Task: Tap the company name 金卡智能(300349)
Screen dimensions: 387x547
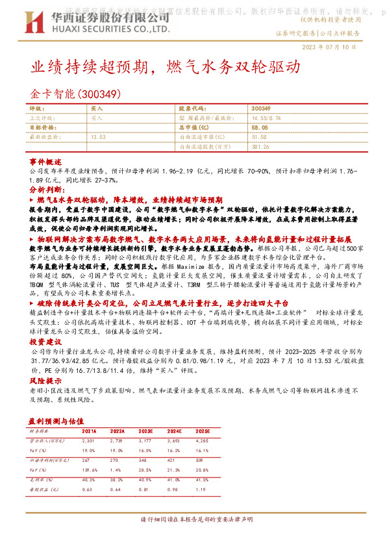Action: pos(77,93)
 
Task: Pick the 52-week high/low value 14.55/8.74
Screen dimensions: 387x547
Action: pos(267,118)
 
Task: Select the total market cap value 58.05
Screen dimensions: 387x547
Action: pos(260,128)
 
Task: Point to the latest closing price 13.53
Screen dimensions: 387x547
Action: pos(99,138)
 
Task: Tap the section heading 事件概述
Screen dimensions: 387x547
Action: pos(45,161)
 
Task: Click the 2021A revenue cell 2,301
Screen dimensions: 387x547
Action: pos(88,440)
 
